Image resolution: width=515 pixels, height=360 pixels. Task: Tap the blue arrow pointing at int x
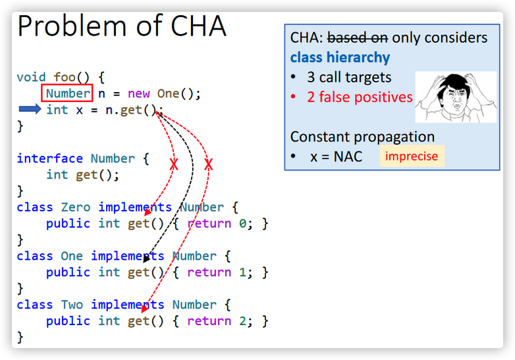(30, 109)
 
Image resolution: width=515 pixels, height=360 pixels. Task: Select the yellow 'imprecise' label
(412, 157)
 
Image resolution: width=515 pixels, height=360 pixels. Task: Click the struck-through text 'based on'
(358, 38)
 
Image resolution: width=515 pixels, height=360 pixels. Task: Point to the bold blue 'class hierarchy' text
(340, 57)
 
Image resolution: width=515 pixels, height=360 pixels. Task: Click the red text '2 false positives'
(360, 97)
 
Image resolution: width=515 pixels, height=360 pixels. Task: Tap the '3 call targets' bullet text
(349, 78)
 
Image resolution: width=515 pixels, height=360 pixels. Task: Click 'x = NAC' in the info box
(336, 157)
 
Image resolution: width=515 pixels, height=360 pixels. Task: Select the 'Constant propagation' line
(362, 137)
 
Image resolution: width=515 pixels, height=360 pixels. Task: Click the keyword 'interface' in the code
(49, 159)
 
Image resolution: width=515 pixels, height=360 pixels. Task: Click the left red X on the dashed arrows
(174, 165)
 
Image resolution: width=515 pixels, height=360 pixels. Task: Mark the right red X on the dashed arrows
(208, 165)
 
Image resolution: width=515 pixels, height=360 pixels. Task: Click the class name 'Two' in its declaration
(72, 305)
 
